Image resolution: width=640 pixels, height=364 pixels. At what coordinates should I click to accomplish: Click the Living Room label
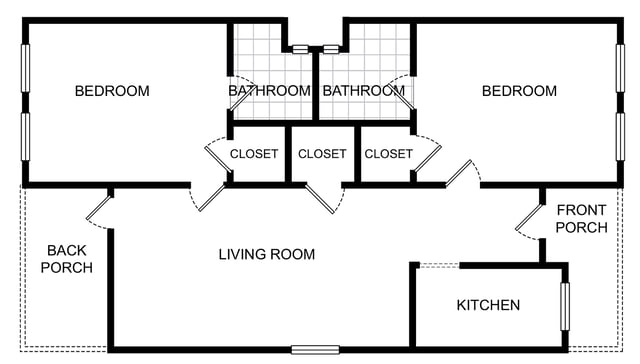pos(267,254)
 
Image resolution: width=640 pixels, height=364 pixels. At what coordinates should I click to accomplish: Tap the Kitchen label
pos(488,305)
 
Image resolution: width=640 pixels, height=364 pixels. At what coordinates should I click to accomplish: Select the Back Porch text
pos(67,259)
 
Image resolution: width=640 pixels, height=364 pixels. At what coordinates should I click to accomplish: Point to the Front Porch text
pos(581,219)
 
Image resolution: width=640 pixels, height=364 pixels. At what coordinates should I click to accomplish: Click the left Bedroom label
pos(112,91)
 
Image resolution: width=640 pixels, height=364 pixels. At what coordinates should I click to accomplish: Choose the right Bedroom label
pos(519,91)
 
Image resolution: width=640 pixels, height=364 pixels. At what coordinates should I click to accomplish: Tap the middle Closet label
pos(322,154)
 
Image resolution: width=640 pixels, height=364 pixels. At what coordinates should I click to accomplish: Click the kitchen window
pos(565,306)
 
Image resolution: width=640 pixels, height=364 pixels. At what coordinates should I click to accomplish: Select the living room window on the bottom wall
pos(315,350)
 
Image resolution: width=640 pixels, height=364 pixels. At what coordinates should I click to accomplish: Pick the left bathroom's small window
pos(300,49)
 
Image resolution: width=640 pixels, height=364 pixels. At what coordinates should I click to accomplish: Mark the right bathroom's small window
pos(331,49)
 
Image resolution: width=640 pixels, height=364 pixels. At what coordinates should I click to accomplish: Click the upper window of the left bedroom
pos(25,68)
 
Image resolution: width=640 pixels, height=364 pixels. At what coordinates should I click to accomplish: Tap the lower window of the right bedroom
pos(620,137)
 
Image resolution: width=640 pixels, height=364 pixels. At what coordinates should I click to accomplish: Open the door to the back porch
pos(99,208)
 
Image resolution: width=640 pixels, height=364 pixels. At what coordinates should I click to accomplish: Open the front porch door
pos(528,218)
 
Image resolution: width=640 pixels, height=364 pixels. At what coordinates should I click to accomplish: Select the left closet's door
pos(218,159)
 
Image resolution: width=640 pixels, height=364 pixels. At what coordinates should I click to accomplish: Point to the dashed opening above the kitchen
pos(439,266)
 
